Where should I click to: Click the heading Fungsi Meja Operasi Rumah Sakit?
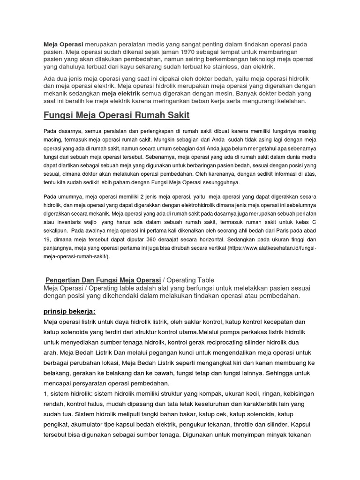[117, 115]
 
